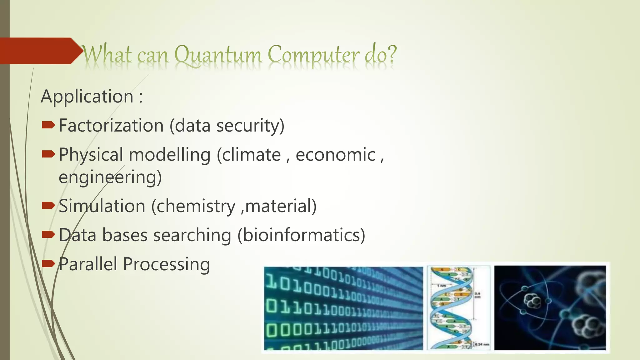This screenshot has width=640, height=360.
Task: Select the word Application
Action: click(87, 96)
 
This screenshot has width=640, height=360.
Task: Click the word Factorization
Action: click(111, 126)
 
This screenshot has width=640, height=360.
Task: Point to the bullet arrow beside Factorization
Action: click(48, 126)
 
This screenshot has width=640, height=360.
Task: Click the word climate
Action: click(251, 155)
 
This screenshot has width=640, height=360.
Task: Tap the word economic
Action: click(335, 155)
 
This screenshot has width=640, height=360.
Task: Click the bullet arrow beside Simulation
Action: click(48, 205)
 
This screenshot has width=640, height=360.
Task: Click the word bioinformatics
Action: click(301, 235)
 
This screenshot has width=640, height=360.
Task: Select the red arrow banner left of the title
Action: click(39, 51)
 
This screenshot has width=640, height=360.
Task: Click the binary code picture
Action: click(343, 308)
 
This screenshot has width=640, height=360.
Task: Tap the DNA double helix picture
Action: click(458, 308)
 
